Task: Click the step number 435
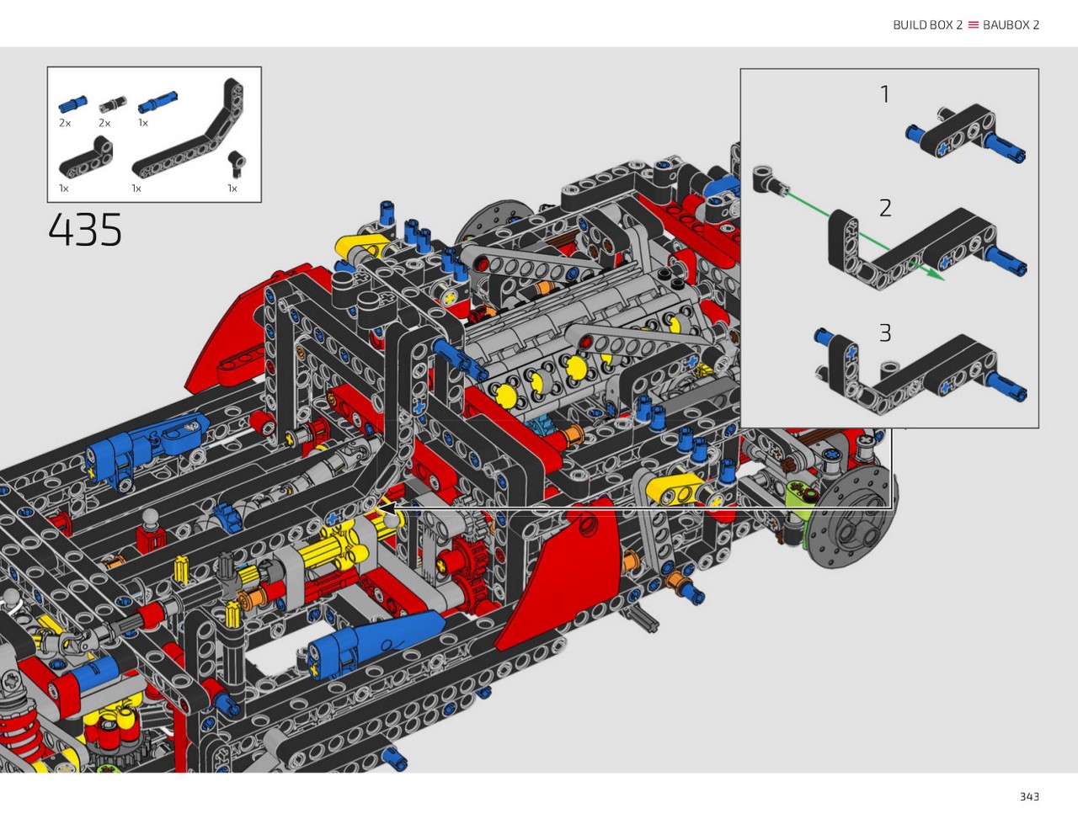[x=85, y=229]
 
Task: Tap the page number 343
[x=1029, y=796]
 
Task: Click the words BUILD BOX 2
[x=927, y=25]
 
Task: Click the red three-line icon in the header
[x=973, y=25]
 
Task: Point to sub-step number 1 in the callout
[x=885, y=94]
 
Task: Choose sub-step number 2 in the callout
[x=885, y=208]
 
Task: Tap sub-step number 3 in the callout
[x=885, y=333]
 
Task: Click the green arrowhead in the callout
[x=937, y=276]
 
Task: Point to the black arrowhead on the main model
[x=389, y=508]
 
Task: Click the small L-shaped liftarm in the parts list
[x=87, y=158]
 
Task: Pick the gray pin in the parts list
[x=113, y=104]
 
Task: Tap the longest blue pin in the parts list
[x=157, y=103]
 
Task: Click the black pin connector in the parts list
[x=237, y=164]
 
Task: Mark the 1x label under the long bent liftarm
[x=136, y=189]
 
